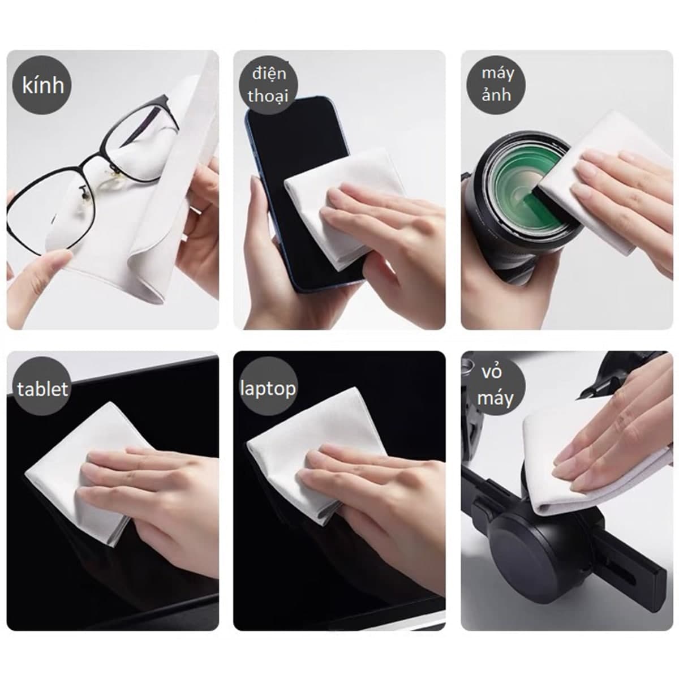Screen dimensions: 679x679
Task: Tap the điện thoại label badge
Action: pyautogui.click(x=268, y=85)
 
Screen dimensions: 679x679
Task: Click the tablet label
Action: pyautogui.click(x=42, y=389)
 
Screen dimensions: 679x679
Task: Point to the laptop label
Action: pyautogui.click(x=268, y=388)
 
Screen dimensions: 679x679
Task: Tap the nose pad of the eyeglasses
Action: pyautogui.click(x=84, y=192)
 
